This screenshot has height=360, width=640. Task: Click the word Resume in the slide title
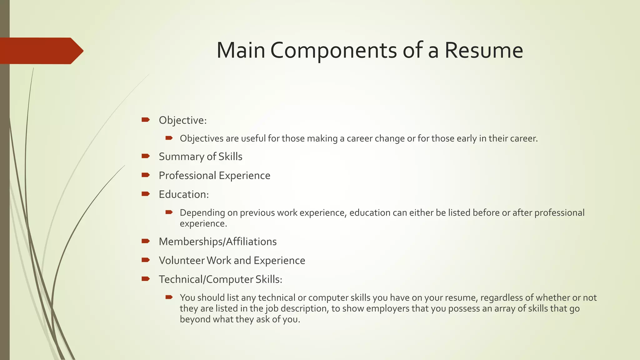(x=483, y=50)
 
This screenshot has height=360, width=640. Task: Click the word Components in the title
(x=333, y=51)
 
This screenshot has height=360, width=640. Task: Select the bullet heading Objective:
(x=182, y=120)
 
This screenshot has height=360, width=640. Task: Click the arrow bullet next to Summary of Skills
(x=146, y=156)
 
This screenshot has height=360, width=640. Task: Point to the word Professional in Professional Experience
(x=187, y=176)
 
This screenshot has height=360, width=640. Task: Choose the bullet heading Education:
(x=183, y=194)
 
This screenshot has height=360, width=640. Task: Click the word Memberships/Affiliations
(x=217, y=242)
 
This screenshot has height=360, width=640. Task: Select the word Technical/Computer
(x=206, y=279)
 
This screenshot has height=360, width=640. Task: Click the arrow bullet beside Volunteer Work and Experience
(x=146, y=260)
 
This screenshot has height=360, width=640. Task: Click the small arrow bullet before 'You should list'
(x=169, y=297)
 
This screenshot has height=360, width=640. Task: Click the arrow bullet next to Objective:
(x=146, y=120)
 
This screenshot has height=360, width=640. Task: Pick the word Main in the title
(x=241, y=50)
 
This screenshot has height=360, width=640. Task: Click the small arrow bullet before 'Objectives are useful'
(x=169, y=138)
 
